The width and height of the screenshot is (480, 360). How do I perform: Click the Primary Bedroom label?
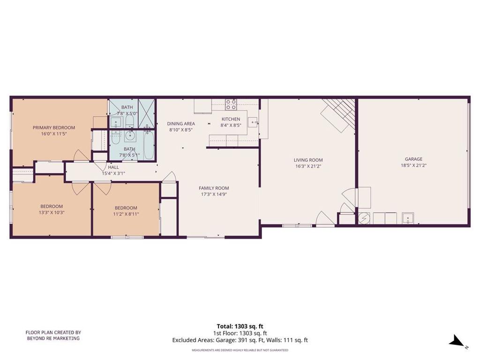pos(53,127)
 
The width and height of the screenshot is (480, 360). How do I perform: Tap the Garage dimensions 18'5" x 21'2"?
pos(413,165)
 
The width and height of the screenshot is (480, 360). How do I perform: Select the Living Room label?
pos(308,160)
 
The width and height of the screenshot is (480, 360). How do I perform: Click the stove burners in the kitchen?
pos(231,104)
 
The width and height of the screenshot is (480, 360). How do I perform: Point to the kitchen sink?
pos(254,123)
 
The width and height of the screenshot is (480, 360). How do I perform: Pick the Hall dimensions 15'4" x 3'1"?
pos(113,173)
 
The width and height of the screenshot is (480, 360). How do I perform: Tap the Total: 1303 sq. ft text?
pos(240,326)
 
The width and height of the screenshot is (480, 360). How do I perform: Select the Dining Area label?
pos(181,124)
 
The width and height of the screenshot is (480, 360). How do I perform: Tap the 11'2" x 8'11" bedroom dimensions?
pos(126,214)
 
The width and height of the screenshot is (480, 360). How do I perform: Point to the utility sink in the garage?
pos(407,218)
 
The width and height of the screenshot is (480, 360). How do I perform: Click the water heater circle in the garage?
pos(364,218)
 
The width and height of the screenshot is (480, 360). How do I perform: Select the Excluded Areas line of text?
pos(240,340)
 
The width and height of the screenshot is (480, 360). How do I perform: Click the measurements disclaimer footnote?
pos(240,350)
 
